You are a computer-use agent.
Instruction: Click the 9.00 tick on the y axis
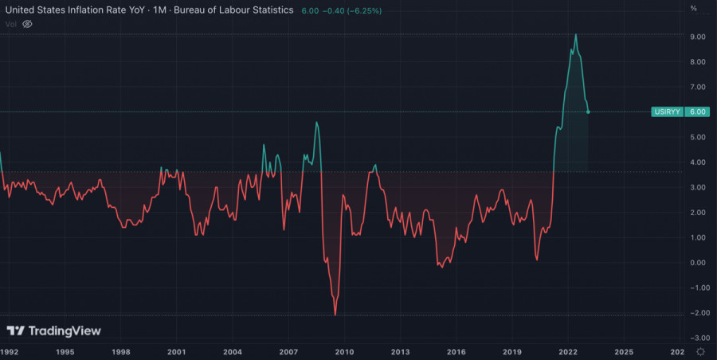(698, 37)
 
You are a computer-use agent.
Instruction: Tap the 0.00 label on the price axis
(698, 263)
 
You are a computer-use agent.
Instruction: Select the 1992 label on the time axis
(10, 351)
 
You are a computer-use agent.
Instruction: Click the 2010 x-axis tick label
(344, 351)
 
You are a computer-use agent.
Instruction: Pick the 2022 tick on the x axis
(568, 351)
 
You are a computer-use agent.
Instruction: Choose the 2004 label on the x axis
(233, 351)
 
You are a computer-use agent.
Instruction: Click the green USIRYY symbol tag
(666, 112)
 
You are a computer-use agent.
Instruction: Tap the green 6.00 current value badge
(697, 112)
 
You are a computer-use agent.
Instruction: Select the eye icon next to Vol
(27, 24)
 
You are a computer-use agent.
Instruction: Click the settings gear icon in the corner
(699, 351)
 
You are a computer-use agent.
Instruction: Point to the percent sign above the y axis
(694, 8)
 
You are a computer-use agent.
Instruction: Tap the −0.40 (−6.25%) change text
(352, 10)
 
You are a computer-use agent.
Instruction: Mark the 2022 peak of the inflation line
(576, 35)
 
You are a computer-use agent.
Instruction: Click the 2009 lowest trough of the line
(335, 315)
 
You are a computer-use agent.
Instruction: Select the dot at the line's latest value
(588, 112)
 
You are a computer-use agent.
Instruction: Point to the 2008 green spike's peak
(317, 122)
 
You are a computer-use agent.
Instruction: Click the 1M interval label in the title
(172, 10)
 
